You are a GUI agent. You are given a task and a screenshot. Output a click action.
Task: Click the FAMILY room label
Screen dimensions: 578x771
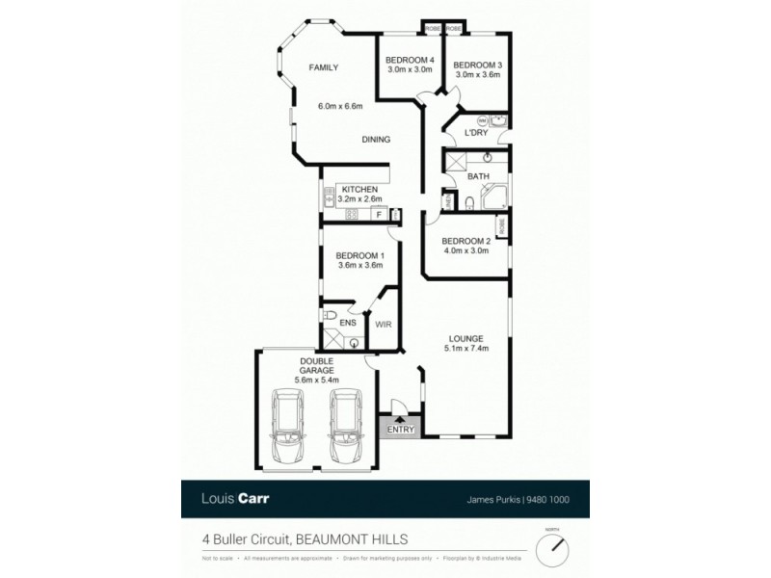tap(322, 67)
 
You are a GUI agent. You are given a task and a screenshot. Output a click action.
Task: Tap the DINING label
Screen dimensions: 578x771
tap(376, 140)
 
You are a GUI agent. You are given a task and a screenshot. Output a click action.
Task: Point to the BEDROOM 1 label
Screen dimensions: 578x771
tap(359, 255)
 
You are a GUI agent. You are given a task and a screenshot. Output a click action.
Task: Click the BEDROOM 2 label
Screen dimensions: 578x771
tap(466, 241)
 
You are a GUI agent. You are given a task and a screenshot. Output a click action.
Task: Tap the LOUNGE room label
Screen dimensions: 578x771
tap(465, 338)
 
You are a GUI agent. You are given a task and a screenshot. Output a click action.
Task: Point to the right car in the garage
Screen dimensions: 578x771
tap(344, 426)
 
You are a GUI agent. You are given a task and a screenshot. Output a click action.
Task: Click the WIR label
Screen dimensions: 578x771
tap(382, 327)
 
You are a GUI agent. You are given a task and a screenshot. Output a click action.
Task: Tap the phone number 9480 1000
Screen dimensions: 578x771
tap(556, 499)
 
